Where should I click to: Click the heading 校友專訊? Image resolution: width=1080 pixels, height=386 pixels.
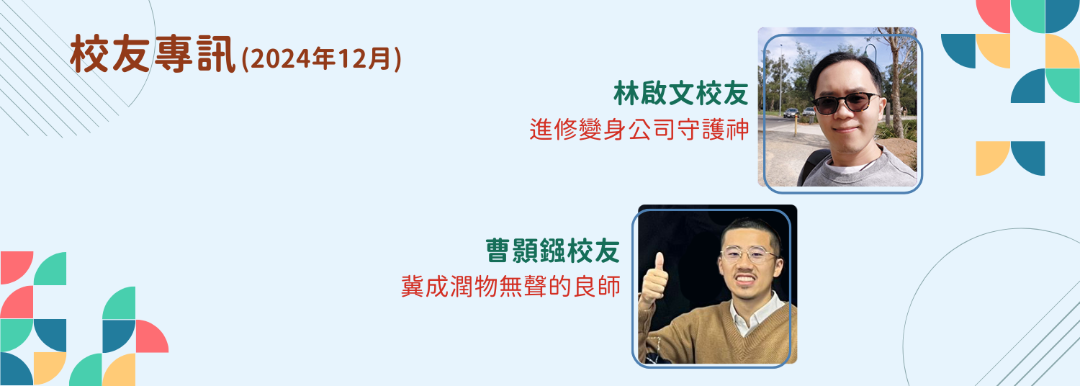pos(153,55)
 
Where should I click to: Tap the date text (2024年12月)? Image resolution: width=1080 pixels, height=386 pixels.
pos(321,59)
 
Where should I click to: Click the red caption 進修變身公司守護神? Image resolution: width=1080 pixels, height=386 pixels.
pos(639,130)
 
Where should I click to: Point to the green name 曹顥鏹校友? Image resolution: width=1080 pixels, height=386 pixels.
pos(552,251)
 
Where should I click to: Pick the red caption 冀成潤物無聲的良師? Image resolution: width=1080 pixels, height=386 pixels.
pos(510,286)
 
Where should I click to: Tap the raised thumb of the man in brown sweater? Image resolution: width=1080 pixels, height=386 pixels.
pos(657,264)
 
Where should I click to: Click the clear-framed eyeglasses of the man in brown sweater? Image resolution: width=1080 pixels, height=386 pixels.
pos(749,254)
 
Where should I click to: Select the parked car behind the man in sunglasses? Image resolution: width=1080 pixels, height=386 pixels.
pos(791,113)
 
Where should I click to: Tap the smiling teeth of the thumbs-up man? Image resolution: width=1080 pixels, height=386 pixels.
pos(745,279)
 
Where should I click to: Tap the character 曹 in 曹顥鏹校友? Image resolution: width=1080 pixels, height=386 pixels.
pos(498,251)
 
